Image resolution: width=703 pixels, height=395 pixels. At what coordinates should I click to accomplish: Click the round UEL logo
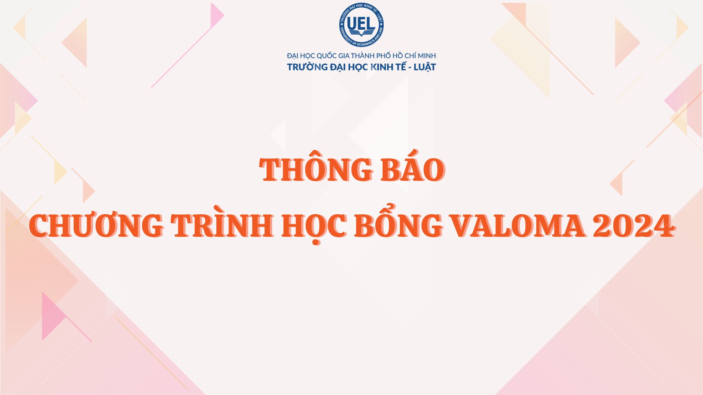tap(361, 25)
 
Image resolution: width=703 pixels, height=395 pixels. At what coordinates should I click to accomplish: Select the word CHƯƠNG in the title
tap(97, 225)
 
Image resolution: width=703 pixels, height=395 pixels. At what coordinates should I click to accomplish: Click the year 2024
tap(634, 225)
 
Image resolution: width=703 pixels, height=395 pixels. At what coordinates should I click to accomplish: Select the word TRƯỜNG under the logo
tap(307, 67)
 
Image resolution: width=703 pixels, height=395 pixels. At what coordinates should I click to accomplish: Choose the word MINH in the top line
tap(426, 56)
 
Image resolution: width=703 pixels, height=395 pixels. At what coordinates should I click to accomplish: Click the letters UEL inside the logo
tap(361, 24)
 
